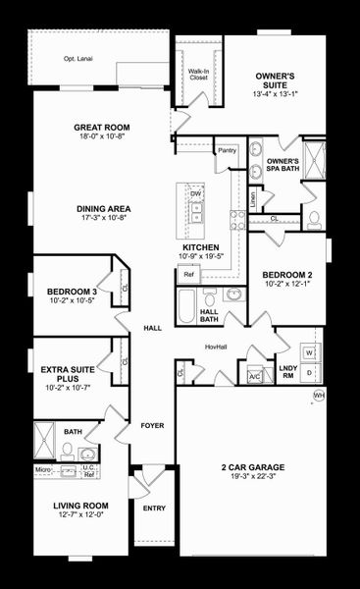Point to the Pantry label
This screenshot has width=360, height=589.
227,151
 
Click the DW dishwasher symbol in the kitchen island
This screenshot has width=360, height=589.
195,194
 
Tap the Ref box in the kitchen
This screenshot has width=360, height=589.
189,275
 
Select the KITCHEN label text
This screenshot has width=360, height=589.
200,247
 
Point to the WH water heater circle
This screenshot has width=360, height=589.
318,396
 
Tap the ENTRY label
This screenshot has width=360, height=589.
154,509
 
